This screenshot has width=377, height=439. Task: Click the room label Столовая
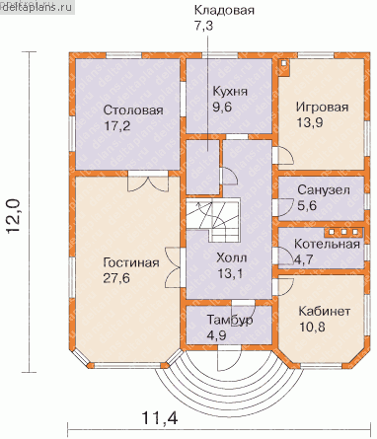[133, 110]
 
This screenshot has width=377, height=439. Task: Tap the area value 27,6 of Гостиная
[116, 278]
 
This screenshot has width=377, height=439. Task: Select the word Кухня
[230, 91]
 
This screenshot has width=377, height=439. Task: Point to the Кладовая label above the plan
[224, 10]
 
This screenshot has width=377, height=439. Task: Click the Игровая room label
[322, 108]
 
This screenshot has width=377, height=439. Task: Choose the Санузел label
[324, 189]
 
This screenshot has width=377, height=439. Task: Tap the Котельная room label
[327, 244]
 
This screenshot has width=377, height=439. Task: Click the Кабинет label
[325, 311]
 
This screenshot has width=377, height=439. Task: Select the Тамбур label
[230, 320]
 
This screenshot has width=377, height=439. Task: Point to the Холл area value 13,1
[230, 273]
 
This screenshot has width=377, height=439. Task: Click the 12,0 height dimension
[14, 216]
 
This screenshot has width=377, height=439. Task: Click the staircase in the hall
[213, 219]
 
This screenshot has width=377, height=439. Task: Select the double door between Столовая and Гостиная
[148, 182]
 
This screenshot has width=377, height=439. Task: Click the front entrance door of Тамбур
[229, 359]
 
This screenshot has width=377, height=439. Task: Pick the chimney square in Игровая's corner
[284, 67]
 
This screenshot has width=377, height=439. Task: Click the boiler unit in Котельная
[343, 232]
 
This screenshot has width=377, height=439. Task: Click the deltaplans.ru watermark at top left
[37, 7]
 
